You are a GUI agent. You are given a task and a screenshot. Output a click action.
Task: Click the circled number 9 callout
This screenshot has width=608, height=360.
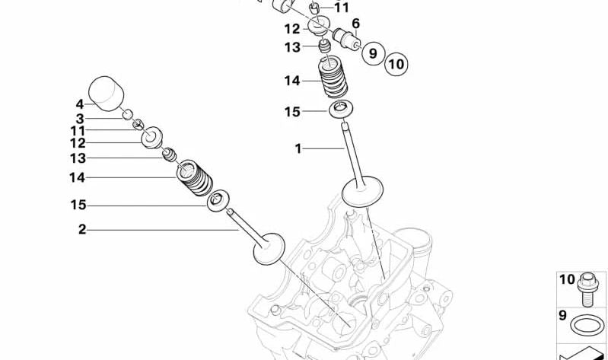click(x=373, y=53)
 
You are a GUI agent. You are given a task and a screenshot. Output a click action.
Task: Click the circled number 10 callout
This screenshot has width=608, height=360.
click(x=396, y=64)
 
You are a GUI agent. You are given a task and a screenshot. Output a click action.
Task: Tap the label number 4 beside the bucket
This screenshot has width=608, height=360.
click(x=79, y=104)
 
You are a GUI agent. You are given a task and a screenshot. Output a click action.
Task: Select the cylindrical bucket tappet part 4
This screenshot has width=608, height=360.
click(x=106, y=94)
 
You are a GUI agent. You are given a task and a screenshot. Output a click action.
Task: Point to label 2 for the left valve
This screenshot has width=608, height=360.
click(x=82, y=230)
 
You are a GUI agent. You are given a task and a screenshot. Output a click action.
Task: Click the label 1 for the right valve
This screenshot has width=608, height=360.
click(x=298, y=148)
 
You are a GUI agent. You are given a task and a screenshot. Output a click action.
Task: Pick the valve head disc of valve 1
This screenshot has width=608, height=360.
click(x=362, y=191)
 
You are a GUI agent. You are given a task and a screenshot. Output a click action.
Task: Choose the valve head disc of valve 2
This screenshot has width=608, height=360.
click(x=269, y=249)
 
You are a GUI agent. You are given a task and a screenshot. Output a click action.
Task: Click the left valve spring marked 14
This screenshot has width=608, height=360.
click(x=195, y=177)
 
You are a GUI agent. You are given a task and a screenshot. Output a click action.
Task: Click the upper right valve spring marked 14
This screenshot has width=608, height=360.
click(x=333, y=78)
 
